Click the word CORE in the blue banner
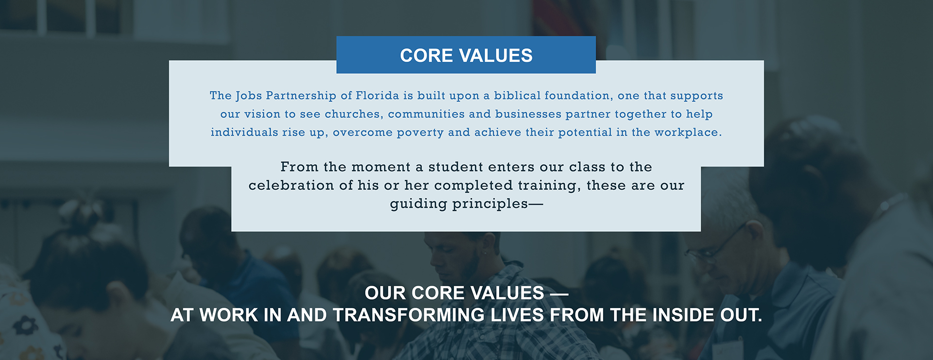point(427,55)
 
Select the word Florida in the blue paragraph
point(378,95)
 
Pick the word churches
point(353,114)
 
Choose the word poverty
point(420,133)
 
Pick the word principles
point(490,204)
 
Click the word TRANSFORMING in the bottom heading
point(409,315)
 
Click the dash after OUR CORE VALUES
point(559,293)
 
